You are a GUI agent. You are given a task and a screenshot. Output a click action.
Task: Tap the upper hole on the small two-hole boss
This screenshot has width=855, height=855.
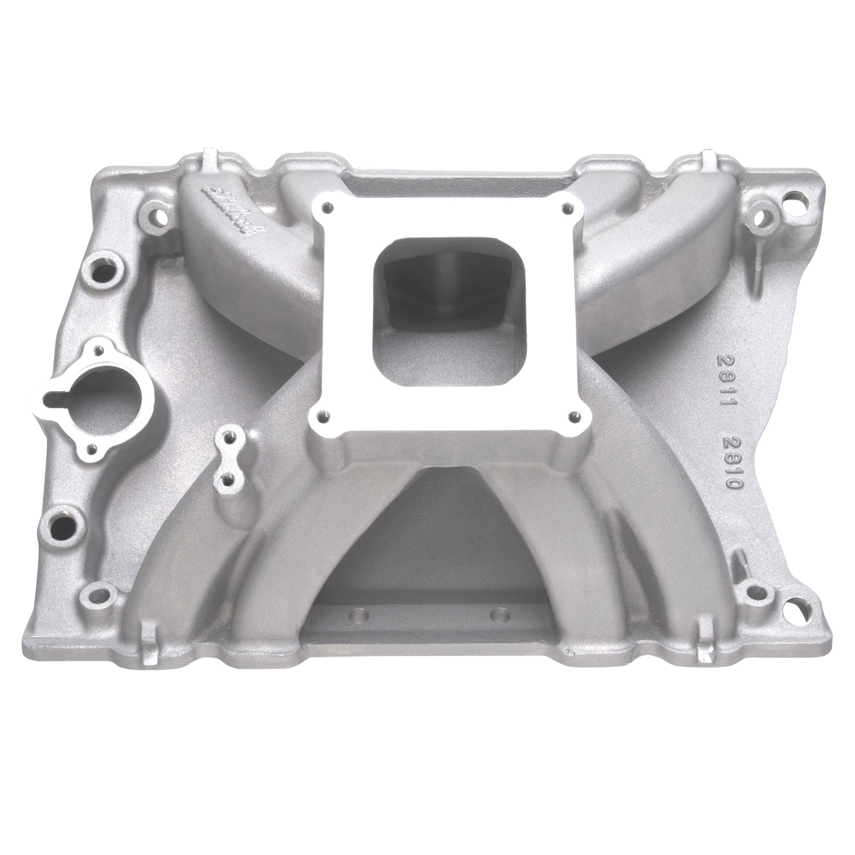227,438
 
